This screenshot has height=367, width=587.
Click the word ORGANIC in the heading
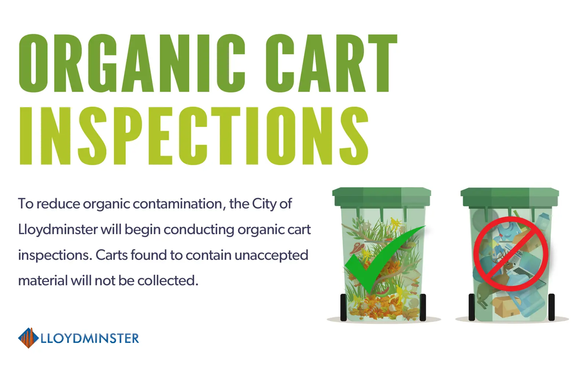[132, 63]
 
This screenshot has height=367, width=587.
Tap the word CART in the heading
[332, 63]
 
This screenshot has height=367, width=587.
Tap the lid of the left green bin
[382, 197]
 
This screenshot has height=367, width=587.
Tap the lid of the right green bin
[510, 197]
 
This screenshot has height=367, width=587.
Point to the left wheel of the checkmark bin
[343, 307]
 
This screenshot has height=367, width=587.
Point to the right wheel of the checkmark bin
[423, 307]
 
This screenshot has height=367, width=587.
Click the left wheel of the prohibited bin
[472, 307]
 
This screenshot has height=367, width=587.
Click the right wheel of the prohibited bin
[551, 307]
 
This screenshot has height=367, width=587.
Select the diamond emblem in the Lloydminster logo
[28, 338]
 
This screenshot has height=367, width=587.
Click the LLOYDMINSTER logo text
[90, 338]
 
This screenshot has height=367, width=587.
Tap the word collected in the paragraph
[168, 280]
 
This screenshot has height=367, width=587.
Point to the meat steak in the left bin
[356, 248]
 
